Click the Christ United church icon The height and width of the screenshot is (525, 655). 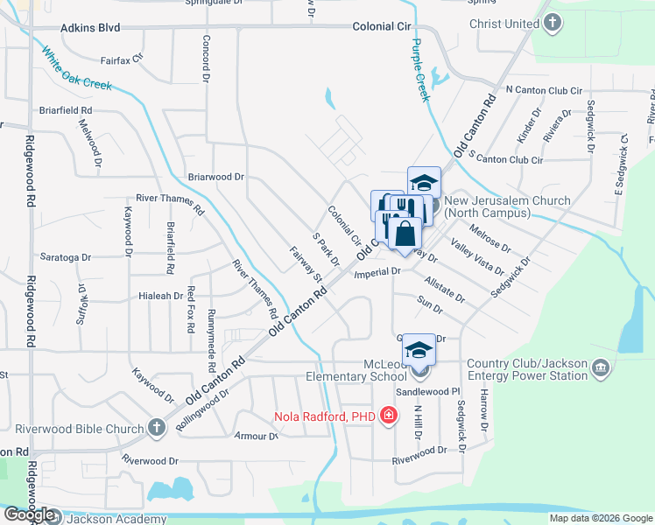[552, 24]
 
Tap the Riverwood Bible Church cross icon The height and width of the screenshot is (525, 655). [156, 428]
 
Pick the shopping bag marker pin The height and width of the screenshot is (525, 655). [405, 234]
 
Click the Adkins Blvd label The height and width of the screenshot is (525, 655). [89, 28]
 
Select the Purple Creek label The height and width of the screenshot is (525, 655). [420, 70]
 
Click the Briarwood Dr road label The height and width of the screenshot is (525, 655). [215, 177]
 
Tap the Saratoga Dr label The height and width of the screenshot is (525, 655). [67, 257]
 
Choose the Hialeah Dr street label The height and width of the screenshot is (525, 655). [160, 296]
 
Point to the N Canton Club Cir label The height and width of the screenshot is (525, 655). [545, 91]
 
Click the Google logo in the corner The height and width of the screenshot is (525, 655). [29, 514]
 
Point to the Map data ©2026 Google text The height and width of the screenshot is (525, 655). [601, 518]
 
